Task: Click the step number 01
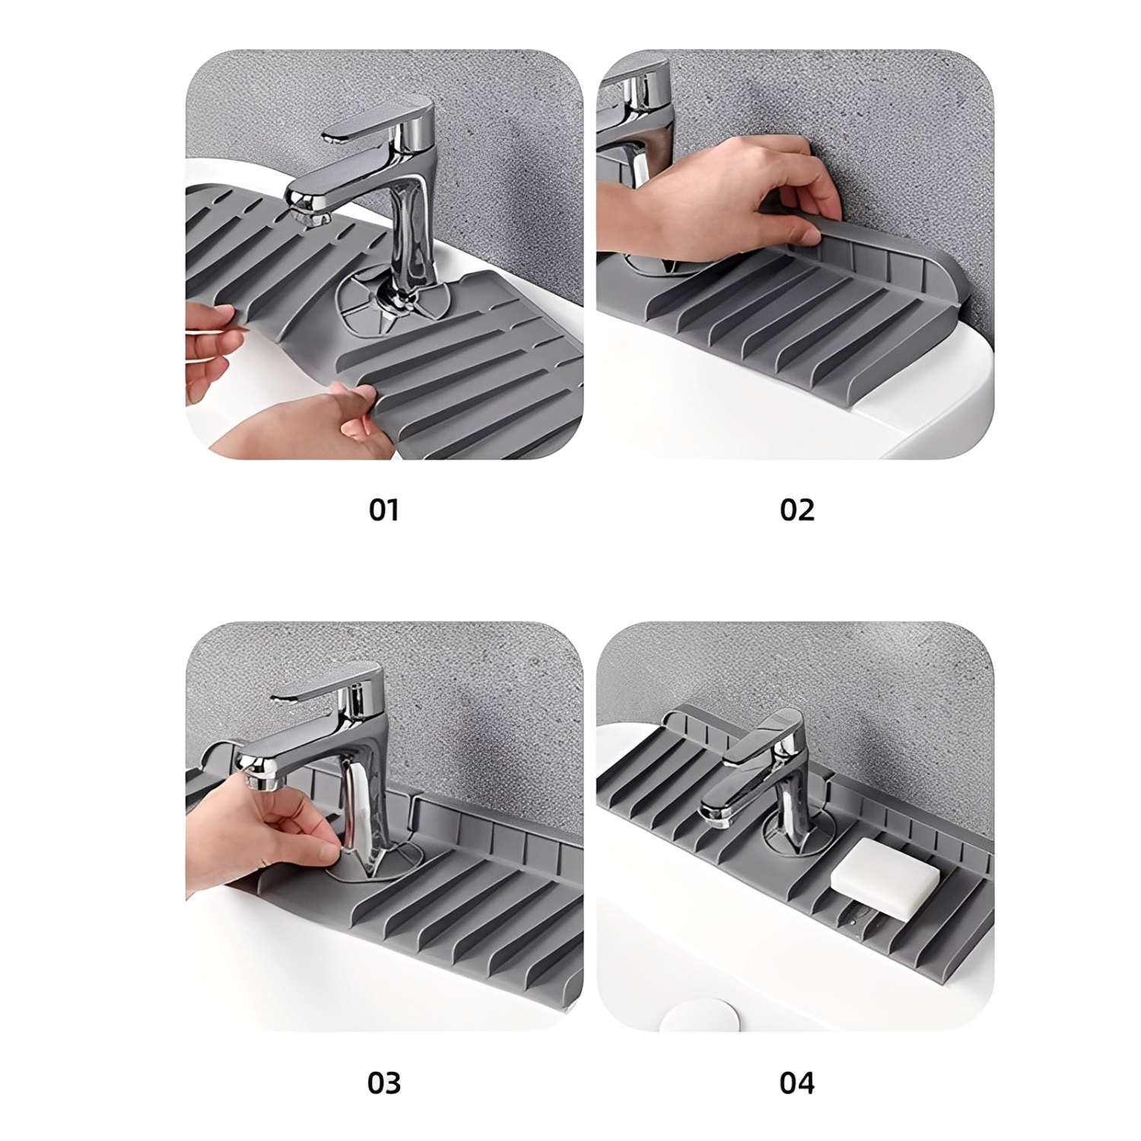384,510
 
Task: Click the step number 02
797,510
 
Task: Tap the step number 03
384,1082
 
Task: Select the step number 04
797,1082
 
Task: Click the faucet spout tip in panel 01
303,209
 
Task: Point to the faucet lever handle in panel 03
327,685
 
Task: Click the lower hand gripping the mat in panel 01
304,426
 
